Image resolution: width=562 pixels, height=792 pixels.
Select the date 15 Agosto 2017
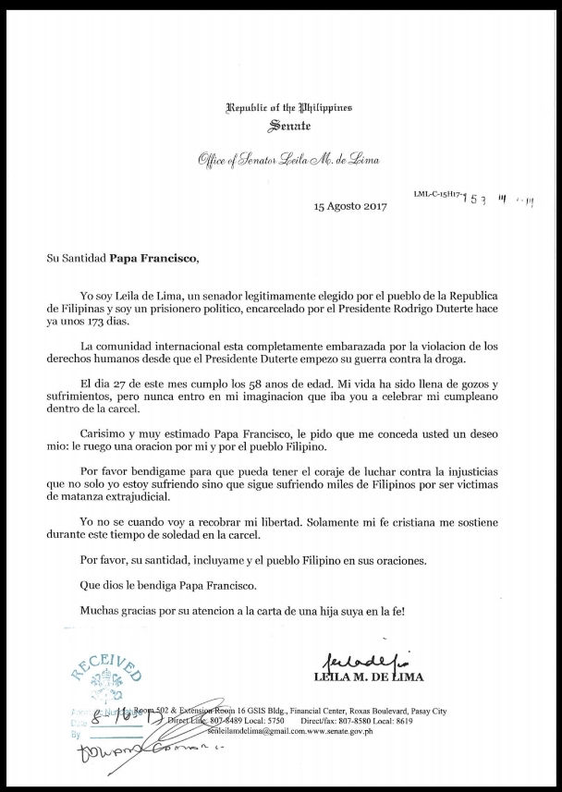pyautogui.click(x=348, y=206)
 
